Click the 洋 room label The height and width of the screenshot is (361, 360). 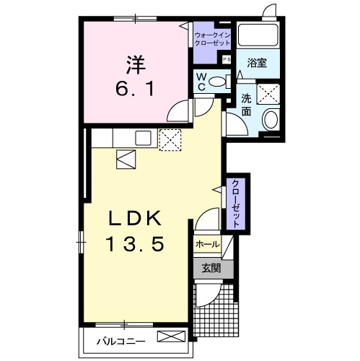[x=136, y=64]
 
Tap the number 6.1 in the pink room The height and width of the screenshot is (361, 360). [x=135, y=88]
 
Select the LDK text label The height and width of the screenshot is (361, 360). [x=135, y=218]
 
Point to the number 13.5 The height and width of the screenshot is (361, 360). [x=135, y=243]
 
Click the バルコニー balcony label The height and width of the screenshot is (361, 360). [x=121, y=342]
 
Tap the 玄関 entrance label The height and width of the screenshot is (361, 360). [x=211, y=268]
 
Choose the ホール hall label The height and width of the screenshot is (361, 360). [x=208, y=245]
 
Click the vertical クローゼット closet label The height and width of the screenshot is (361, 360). [x=236, y=204]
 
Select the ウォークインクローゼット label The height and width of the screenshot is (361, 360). [x=212, y=39]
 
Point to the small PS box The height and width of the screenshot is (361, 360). [x=227, y=59]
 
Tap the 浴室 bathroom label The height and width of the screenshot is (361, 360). [x=257, y=63]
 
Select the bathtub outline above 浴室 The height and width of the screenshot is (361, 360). [x=258, y=35]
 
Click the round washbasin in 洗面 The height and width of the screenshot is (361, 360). [x=271, y=120]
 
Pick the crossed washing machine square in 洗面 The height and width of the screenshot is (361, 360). [x=268, y=94]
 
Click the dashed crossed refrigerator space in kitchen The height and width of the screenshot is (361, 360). [x=170, y=140]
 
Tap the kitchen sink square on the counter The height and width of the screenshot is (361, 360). [x=143, y=138]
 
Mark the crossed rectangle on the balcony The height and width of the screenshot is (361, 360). [x=171, y=336]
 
